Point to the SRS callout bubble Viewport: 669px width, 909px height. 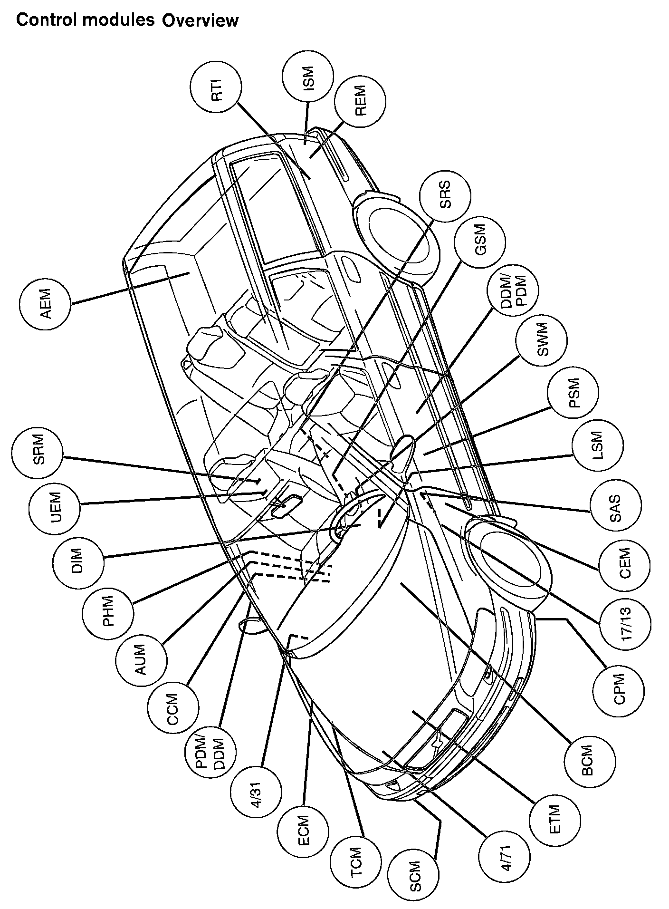445,195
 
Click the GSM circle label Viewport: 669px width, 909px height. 480,243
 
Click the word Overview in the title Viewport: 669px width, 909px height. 199,21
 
